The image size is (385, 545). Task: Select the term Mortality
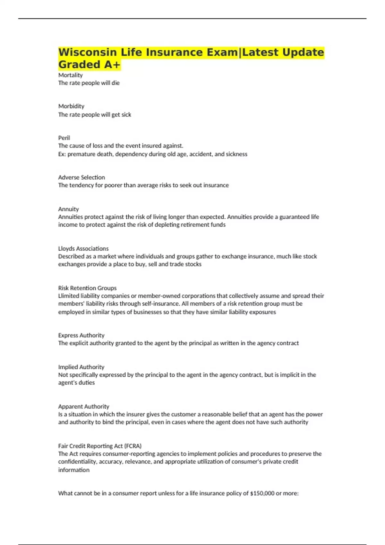tap(70, 75)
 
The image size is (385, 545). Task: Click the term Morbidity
tap(71, 106)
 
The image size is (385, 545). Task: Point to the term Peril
tap(64, 138)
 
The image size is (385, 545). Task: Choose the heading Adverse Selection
tap(81, 177)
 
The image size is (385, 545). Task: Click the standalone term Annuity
tap(68, 209)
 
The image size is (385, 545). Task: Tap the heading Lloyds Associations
tap(83, 248)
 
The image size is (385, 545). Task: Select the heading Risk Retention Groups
tap(87, 288)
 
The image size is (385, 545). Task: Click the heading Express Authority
tap(81, 335)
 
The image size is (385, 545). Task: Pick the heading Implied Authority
tap(81, 367)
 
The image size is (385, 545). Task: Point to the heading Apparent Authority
tap(83, 407)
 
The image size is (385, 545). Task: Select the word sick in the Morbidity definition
tap(126, 115)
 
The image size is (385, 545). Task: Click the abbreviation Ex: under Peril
tap(62, 154)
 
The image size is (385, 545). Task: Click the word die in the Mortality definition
tap(116, 83)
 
